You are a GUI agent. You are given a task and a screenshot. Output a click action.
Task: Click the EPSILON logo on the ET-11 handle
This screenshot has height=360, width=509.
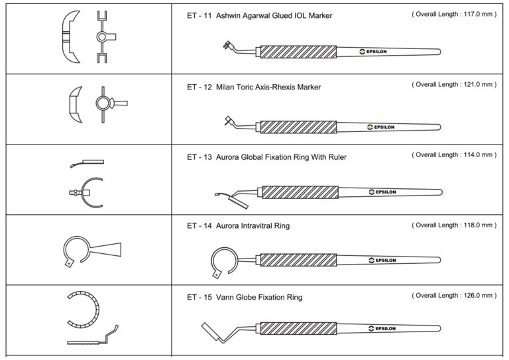coord(376,51)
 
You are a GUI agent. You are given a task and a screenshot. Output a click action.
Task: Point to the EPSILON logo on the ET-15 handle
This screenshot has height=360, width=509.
coord(376,328)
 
